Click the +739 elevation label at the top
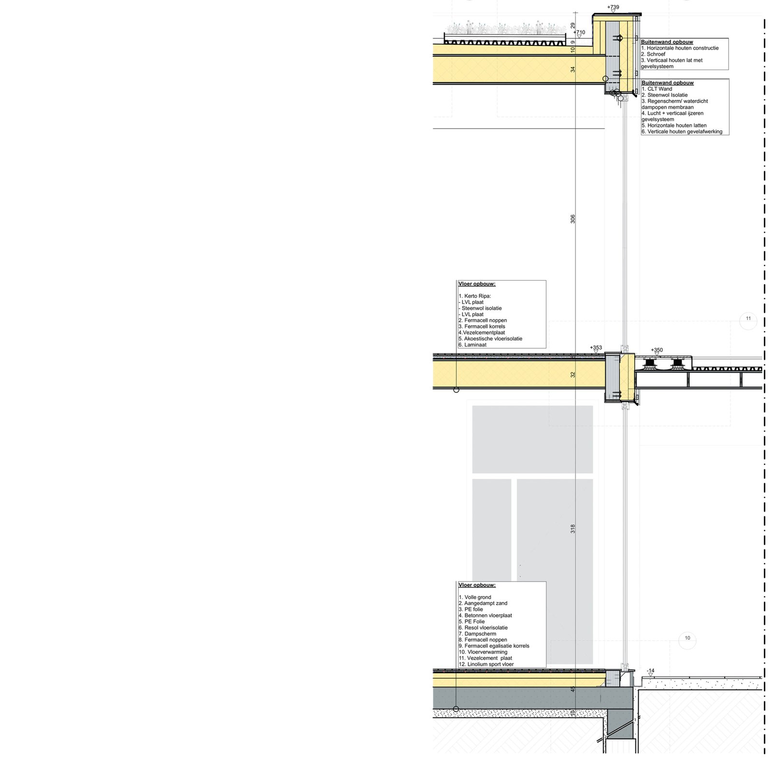pos(613,7)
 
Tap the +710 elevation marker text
pos(580,32)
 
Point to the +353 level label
pos(596,347)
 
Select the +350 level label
pos(657,350)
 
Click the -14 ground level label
pos(651,671)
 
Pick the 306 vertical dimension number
pos(573,219)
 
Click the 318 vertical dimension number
pos(573,529)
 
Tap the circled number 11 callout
pos(748,318)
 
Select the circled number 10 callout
pos(687,638)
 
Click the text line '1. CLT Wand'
pos(657,89)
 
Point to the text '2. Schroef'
pos(653,54)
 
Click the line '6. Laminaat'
pos(472,345)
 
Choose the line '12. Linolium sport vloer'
pos(486,664)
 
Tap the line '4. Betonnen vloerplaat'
pos(485,616)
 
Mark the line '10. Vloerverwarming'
pos(483,652)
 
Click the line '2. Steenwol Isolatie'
pos(665,95)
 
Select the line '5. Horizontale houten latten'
pos(674,125)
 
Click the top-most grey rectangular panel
pos(532,439)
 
